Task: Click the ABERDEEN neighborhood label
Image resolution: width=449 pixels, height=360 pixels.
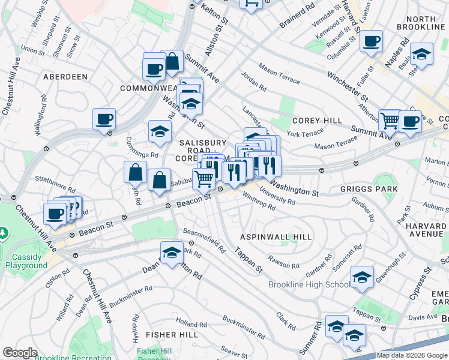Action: click(65, 77)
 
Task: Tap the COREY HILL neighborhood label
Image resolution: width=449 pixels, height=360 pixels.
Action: click(317, 121)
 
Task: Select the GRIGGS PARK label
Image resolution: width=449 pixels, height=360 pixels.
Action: click(369, 189)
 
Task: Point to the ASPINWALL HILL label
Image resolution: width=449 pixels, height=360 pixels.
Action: click(276, 237)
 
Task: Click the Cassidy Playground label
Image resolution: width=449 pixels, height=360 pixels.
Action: click(29, 261)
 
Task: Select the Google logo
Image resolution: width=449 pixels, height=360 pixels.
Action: click(20, 353)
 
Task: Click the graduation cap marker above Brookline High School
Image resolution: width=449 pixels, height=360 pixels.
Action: click(361, 277)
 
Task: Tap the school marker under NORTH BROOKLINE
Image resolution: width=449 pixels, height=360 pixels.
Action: click(422, 55)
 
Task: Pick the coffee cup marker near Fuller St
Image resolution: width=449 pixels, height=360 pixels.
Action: click(372, 41)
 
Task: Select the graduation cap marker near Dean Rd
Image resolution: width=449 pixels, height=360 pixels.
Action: click(172, 252)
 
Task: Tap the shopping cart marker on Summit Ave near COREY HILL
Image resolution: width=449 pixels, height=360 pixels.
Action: click(390, 121)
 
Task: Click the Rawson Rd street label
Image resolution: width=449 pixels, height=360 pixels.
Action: click(284, 262)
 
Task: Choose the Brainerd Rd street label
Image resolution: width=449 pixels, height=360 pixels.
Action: click(297, 18)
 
